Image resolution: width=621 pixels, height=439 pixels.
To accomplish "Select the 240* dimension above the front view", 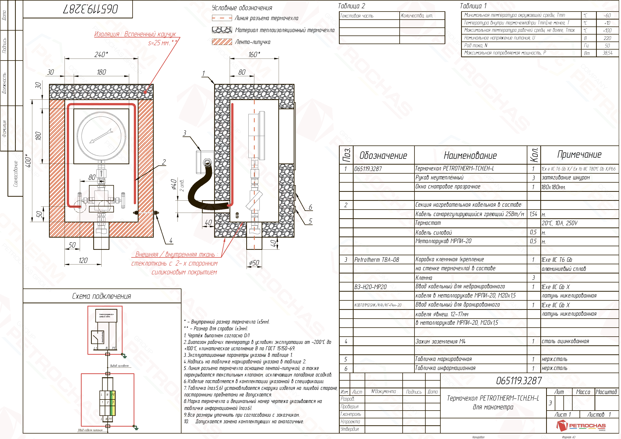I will (x=101, y=55).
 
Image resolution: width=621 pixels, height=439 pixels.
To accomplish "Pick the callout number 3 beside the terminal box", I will (x=184, y=133).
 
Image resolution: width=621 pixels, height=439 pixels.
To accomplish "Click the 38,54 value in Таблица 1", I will (x=607, y=53).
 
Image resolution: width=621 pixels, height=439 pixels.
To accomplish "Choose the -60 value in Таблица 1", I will (x=607, y=15).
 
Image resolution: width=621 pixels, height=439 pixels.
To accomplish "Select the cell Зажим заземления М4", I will (x=440, y=342).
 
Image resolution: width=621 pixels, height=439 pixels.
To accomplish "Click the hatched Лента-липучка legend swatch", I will (x=222, y=42).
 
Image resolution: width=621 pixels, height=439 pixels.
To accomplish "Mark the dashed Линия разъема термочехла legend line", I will (x=222, y=18).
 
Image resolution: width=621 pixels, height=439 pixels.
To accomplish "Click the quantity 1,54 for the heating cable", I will (x=533, y=214).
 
